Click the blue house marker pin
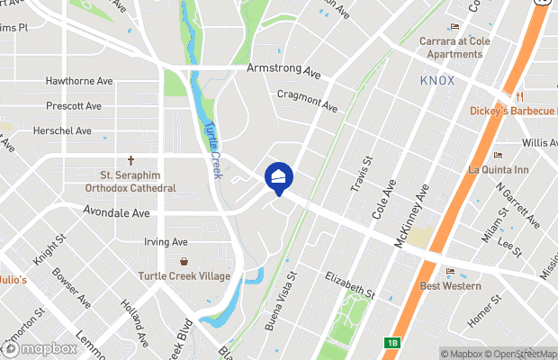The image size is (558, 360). pyautogui.click(x=278, y=177)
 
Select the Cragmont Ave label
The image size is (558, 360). pyautogui.click(x=307, y=100)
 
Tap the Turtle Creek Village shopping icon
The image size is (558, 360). pyautogui.click(x=184, y=261)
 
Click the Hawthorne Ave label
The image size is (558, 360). pyautogui.click(x=79, y=81)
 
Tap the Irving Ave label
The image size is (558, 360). pyautogui.click(x=166, y=242)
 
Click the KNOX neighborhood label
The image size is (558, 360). pyautogui.click(x=436, y=81)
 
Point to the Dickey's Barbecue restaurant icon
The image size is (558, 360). pyautogui.click(x=520, y=96)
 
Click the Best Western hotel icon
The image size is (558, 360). pyautogui.click(x=450, y=271)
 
